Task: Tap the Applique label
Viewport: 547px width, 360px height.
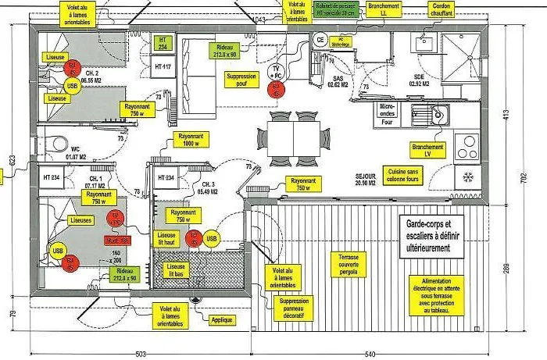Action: [222, 319]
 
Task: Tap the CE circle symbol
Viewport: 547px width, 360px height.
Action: [320, 39]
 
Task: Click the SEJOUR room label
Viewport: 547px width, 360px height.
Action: [366, 180]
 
